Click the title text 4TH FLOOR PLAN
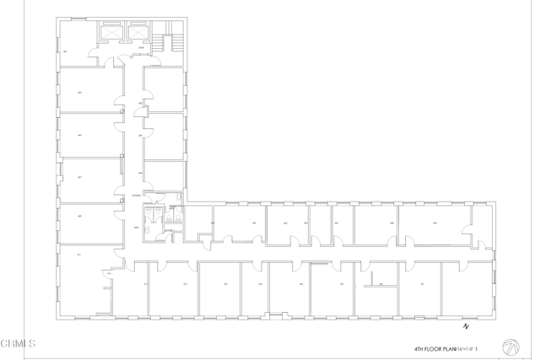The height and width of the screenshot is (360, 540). click(x=434, y=348)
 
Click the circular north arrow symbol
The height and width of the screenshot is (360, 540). click(x=510, y=347)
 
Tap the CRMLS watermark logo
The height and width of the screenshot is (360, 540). click(x=19, y=344)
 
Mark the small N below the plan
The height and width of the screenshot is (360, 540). click(x=465, y=325)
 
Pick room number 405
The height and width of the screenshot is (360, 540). click(x=79, y=134)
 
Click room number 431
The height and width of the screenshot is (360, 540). click(x=422, y=284)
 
